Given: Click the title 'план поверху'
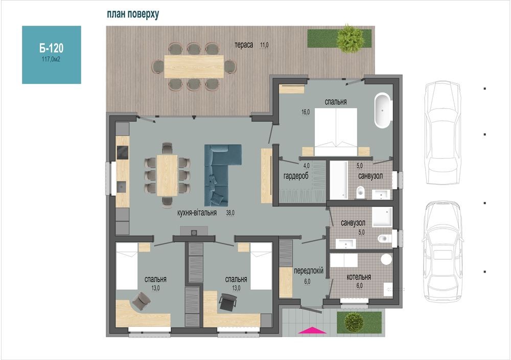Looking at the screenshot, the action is click(x=133, y=14).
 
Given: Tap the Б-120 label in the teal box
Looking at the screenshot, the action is click(x=52, y=49).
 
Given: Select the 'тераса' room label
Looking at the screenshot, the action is click(x=244, y=45).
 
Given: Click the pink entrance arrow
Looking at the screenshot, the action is click(x=312, y=330).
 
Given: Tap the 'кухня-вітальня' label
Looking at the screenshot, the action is click(x=197, y=213).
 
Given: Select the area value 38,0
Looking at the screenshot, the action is click(x=230, y=213).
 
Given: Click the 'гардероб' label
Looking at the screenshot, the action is click(x=296, y=176).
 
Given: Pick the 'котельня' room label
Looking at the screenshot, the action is click(x=359, y=277).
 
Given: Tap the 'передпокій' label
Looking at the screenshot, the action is click(x=309, y=271).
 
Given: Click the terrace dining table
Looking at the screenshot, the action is click(x=194, y=66).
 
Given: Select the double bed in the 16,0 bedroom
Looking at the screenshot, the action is click(x=336, y=132).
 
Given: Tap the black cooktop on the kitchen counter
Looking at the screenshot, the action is click(x=123, y=152).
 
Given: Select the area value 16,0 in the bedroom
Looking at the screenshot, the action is click(x=306, y=112).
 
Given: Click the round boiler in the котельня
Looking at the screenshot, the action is click(x=386, y=259).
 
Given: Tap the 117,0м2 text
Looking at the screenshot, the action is click(x=51, y=59).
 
